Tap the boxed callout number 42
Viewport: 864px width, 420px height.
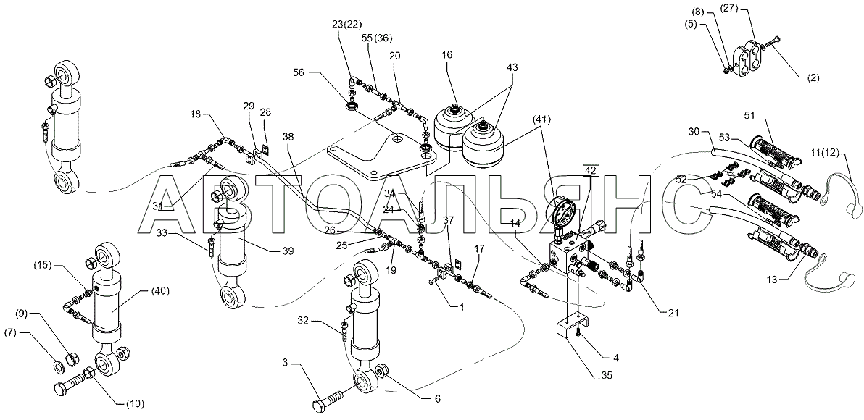tap(589, 171)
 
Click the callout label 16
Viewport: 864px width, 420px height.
tap(447, 54)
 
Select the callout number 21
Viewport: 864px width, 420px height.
tap(673, 313)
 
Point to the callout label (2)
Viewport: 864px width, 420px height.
tap(812, 78)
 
